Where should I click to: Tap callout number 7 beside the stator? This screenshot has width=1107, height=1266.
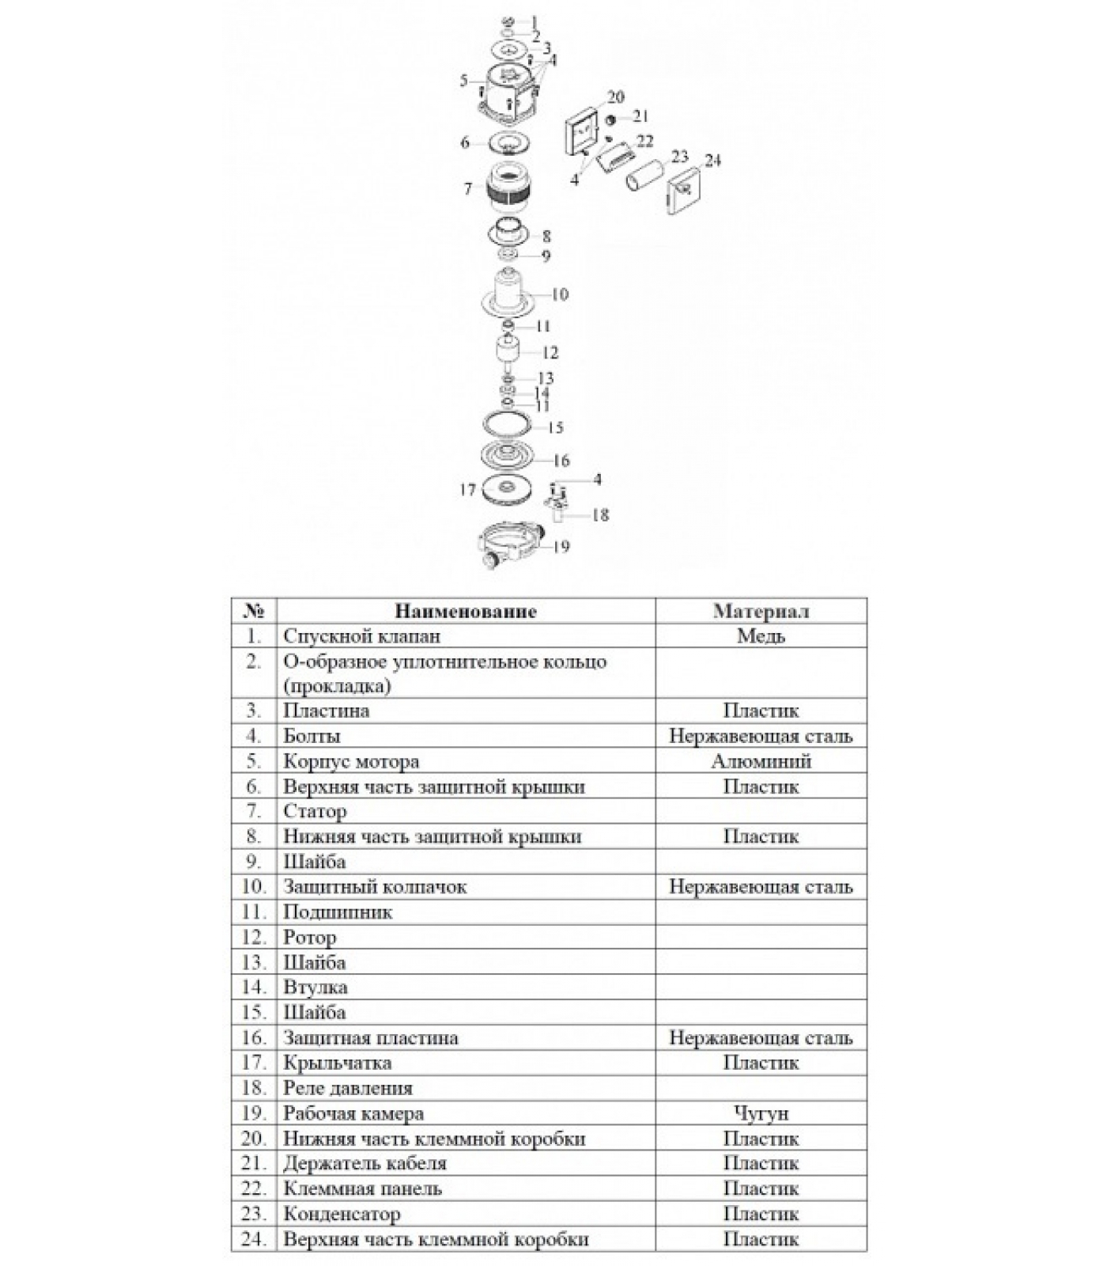(x=468, y=189)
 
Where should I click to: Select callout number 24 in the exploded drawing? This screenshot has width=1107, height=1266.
(x=712, y=161)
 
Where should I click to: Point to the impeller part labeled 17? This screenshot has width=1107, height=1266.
(x=504, y=488)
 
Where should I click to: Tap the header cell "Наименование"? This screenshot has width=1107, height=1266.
(x=466, y=612)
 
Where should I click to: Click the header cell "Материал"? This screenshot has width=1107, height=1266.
(x=761, y=612)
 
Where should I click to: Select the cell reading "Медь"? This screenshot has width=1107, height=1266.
(x=761, y=636)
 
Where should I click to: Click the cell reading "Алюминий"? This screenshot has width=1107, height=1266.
(x=761, y=762)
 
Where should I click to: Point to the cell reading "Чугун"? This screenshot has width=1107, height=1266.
(x=761, y=1114)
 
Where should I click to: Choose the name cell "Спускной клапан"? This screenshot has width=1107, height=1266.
(x=361, y=636)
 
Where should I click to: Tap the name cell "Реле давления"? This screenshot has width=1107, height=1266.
(x=348, y=1089)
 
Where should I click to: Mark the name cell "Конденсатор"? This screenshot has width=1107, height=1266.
(x=342, y=1215)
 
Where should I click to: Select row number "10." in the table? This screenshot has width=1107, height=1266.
(x=253, y=888)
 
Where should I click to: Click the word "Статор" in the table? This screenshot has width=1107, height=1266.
(x=315, y=812)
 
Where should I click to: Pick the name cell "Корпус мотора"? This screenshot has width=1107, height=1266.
(x=351, y=762)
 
